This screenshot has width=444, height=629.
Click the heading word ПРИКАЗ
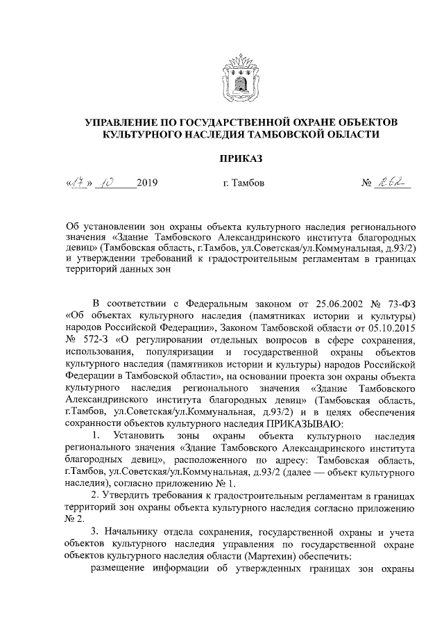[240, 158]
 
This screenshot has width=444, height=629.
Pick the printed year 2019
[148, 184]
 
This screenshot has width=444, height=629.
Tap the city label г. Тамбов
[239, 184]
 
